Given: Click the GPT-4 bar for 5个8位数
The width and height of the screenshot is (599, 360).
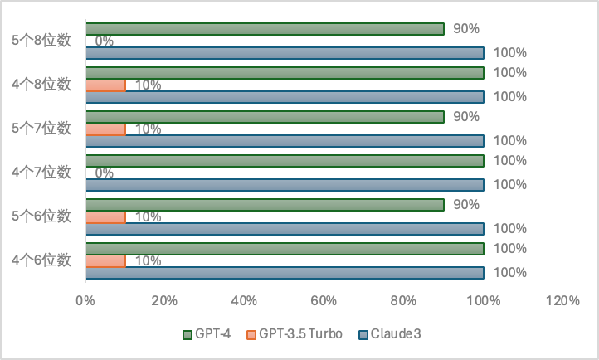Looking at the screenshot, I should pyautogui.click(x=265, y=29).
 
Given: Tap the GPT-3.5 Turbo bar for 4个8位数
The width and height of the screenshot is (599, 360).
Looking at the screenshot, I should pyautogui.click(x=105, y=85).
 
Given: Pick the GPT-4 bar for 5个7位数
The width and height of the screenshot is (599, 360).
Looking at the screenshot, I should pyautogui.click(x=265, y=117).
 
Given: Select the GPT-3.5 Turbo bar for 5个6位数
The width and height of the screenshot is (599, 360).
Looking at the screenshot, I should pyautogui.click(x=105, y=217).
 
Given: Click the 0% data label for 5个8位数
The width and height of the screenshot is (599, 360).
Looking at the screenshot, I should pyautogui.click(x=105, y=41).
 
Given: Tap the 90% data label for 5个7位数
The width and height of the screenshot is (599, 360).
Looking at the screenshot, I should pyautogui.click(x=465, y=116).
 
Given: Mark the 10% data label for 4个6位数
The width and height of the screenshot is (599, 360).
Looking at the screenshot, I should pyautogui.click(x=148, y=260).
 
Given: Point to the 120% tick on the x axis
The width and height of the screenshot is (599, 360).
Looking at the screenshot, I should pyautogui.click(x=563, y=300).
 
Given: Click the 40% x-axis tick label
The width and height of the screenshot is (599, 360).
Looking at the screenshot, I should pyautogui.click(x=245, y=300).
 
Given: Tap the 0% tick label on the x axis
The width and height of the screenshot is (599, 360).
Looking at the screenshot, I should pyautogui.click(x=85, y=300).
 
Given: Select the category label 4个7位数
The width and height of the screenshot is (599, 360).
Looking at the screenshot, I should pyautogui.click(x=41, y=173).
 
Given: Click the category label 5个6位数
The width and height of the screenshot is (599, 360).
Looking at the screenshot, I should pyautogui.click(x=41, y=216).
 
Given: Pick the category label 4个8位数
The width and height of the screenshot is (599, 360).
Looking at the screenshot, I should pyautogui.click(x=41, y=84).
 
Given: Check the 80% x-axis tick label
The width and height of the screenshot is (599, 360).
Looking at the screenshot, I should pyautogui.click(x=404, y=300).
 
